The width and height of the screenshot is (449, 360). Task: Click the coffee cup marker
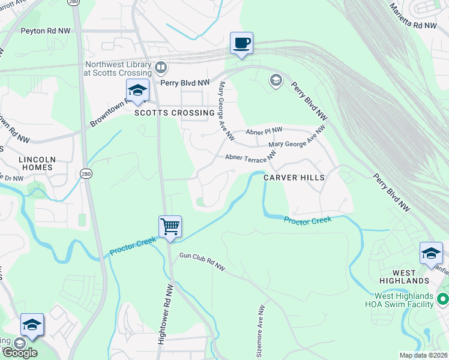pyautogui.click(x=241, y=43)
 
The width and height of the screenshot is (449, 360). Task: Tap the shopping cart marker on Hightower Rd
pyautogui.click(x=170, y=227)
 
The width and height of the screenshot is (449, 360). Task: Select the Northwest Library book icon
pyautogui.click(x=161, y=67)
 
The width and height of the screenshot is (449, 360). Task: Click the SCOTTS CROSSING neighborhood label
pyautogui.click(x=174, y=113)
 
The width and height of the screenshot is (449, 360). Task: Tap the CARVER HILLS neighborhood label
pyautogui.click(x=295, y=178)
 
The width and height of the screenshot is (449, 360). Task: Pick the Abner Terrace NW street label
pyautogui.click(x=250, y=157)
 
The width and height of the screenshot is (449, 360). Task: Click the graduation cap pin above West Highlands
pyautogui.click(x=431, y=253)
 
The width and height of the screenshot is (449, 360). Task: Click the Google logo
pyautogui.click(x=20, y=352)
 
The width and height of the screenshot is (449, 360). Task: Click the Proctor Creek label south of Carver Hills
pyautogui.click(x=308, y=220)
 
